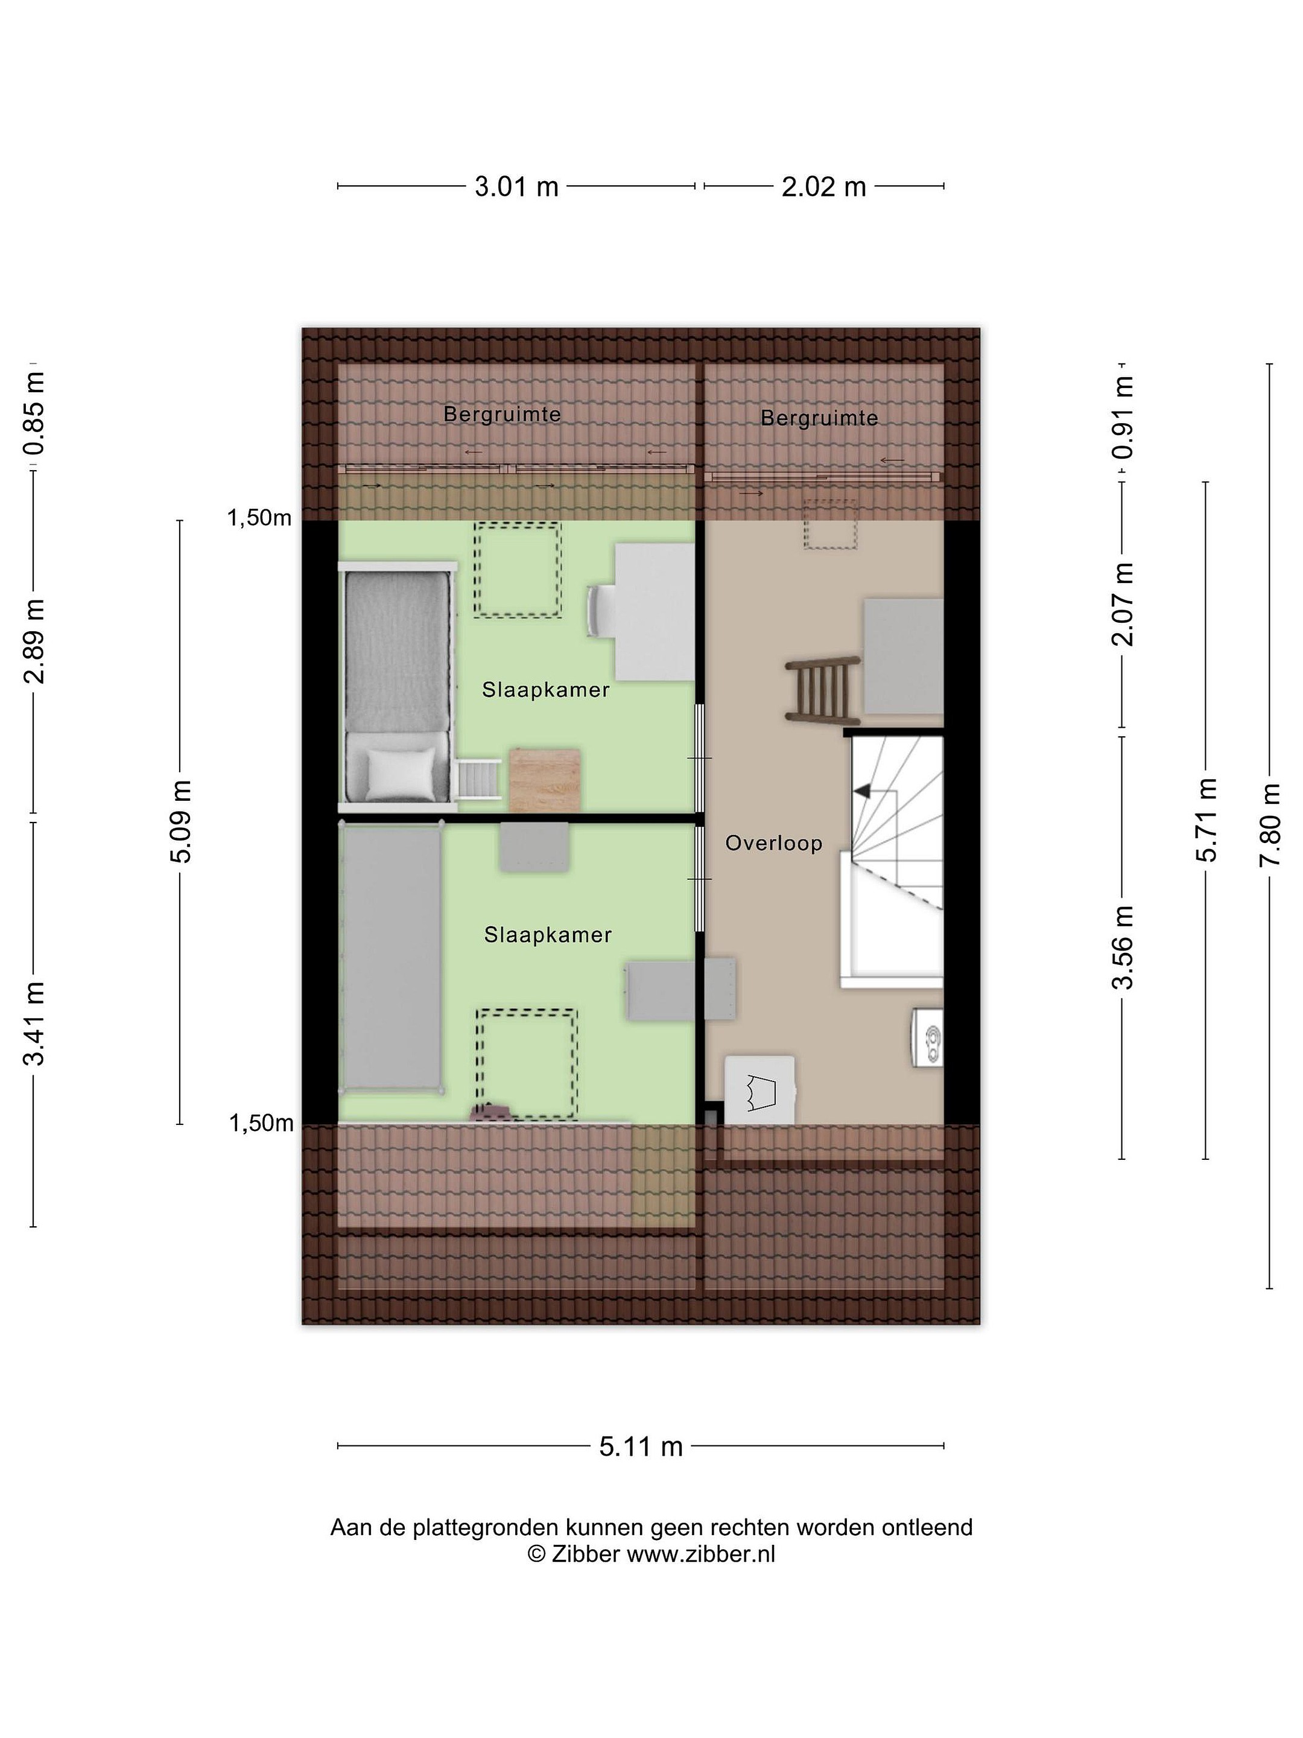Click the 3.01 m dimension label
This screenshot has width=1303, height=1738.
516,186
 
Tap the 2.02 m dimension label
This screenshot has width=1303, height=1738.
823,186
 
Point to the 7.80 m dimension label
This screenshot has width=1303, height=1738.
1270,824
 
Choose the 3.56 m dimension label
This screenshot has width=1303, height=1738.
1123,947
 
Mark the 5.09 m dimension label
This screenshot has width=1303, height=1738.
180,822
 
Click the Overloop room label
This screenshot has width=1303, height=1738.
773,843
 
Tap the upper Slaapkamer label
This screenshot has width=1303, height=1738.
546,690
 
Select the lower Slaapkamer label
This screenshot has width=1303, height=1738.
547,935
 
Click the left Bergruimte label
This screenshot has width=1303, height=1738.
502,414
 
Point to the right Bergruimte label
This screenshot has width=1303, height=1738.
819,418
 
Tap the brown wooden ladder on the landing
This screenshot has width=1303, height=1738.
823,689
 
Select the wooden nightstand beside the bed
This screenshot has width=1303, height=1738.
545,780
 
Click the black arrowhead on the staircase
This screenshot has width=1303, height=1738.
863,791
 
